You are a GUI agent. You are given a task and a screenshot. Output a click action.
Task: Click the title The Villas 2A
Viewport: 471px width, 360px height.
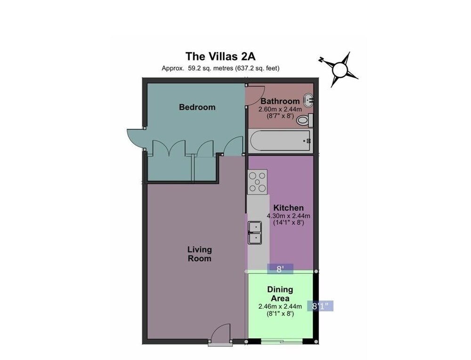220,56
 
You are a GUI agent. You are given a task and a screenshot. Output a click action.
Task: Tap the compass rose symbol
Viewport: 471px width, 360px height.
339,70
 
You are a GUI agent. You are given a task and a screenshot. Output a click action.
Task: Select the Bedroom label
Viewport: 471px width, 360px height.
197,107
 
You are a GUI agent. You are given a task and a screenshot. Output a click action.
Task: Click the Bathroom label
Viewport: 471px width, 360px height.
280,101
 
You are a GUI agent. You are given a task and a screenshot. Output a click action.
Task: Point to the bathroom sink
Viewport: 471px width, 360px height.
309,100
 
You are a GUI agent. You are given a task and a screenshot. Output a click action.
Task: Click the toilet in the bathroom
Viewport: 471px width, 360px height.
305,120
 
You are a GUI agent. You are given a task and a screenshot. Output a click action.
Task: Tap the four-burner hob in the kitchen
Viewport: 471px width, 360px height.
258,182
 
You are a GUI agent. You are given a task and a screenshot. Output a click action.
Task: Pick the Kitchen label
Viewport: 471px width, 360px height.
288,208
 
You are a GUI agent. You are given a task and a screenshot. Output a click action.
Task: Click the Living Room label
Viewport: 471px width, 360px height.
199,254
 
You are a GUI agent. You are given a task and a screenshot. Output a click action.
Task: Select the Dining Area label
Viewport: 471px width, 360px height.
280,294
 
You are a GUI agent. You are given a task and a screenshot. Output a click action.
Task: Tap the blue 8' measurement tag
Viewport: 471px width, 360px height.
280,269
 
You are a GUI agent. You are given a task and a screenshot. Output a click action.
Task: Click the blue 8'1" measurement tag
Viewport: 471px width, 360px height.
320,306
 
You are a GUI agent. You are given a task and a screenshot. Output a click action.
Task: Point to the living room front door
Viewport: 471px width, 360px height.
220,335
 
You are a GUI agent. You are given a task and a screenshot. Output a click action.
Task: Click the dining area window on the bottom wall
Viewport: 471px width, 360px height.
282,341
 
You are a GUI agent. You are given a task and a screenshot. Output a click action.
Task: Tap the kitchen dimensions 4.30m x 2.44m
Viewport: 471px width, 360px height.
288,216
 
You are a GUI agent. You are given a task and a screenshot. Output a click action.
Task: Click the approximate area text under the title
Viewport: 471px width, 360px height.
220,68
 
